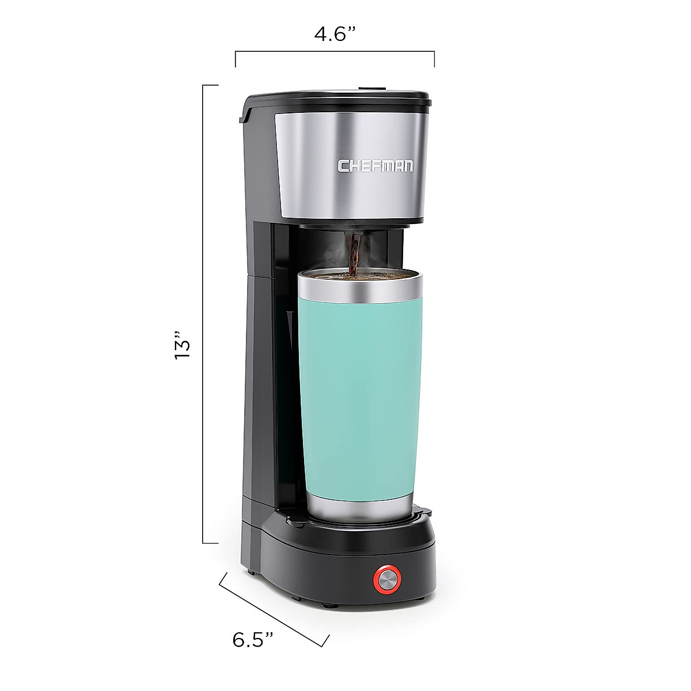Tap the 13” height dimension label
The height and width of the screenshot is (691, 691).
(x=182, y=345)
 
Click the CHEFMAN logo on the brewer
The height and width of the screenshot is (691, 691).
(x=375, y=166)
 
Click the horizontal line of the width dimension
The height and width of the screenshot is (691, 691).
(x=335, y=52)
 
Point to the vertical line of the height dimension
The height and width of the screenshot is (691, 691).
(x=203, y=314)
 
